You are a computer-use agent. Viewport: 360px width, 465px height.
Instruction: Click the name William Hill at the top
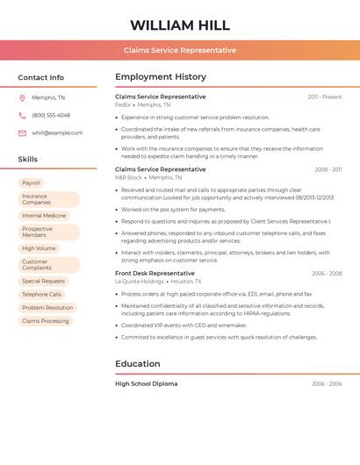(x=180, y=25)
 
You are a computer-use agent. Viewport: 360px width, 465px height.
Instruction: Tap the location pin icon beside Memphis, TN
(x=22, y=97)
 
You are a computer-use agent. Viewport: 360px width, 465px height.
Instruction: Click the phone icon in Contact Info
(x=22, y=115)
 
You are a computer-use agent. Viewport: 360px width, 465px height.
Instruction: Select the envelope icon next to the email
(x=22, y=132)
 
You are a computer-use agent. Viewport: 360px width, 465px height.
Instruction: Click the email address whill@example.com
(x=57, y=132)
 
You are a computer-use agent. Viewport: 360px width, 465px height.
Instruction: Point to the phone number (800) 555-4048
(x=51, y=115)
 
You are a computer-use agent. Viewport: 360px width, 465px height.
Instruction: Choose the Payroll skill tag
(x=32, y=183)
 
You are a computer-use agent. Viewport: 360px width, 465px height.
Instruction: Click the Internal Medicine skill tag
(x=44, y=215)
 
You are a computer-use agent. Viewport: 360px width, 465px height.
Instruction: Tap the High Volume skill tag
(x=39, y=248)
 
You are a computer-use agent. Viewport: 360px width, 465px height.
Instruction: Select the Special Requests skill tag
(x=44, y=282)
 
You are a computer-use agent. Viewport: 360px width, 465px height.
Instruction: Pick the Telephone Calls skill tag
(x=42, y=295)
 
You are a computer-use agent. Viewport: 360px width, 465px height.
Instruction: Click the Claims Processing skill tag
(x=46, y=321)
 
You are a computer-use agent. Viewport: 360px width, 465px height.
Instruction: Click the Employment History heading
(x=161, y=77)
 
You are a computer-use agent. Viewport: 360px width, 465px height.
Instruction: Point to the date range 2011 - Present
(x=325, y=97)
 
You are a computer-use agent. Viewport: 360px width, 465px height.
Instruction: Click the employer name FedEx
(x=122, y=104)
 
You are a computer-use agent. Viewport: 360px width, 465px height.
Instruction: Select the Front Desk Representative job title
(x=155, y=273)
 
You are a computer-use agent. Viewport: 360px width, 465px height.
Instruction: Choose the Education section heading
(x=138, y=363)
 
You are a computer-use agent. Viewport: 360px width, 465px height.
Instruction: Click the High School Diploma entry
(x=147, y=383)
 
